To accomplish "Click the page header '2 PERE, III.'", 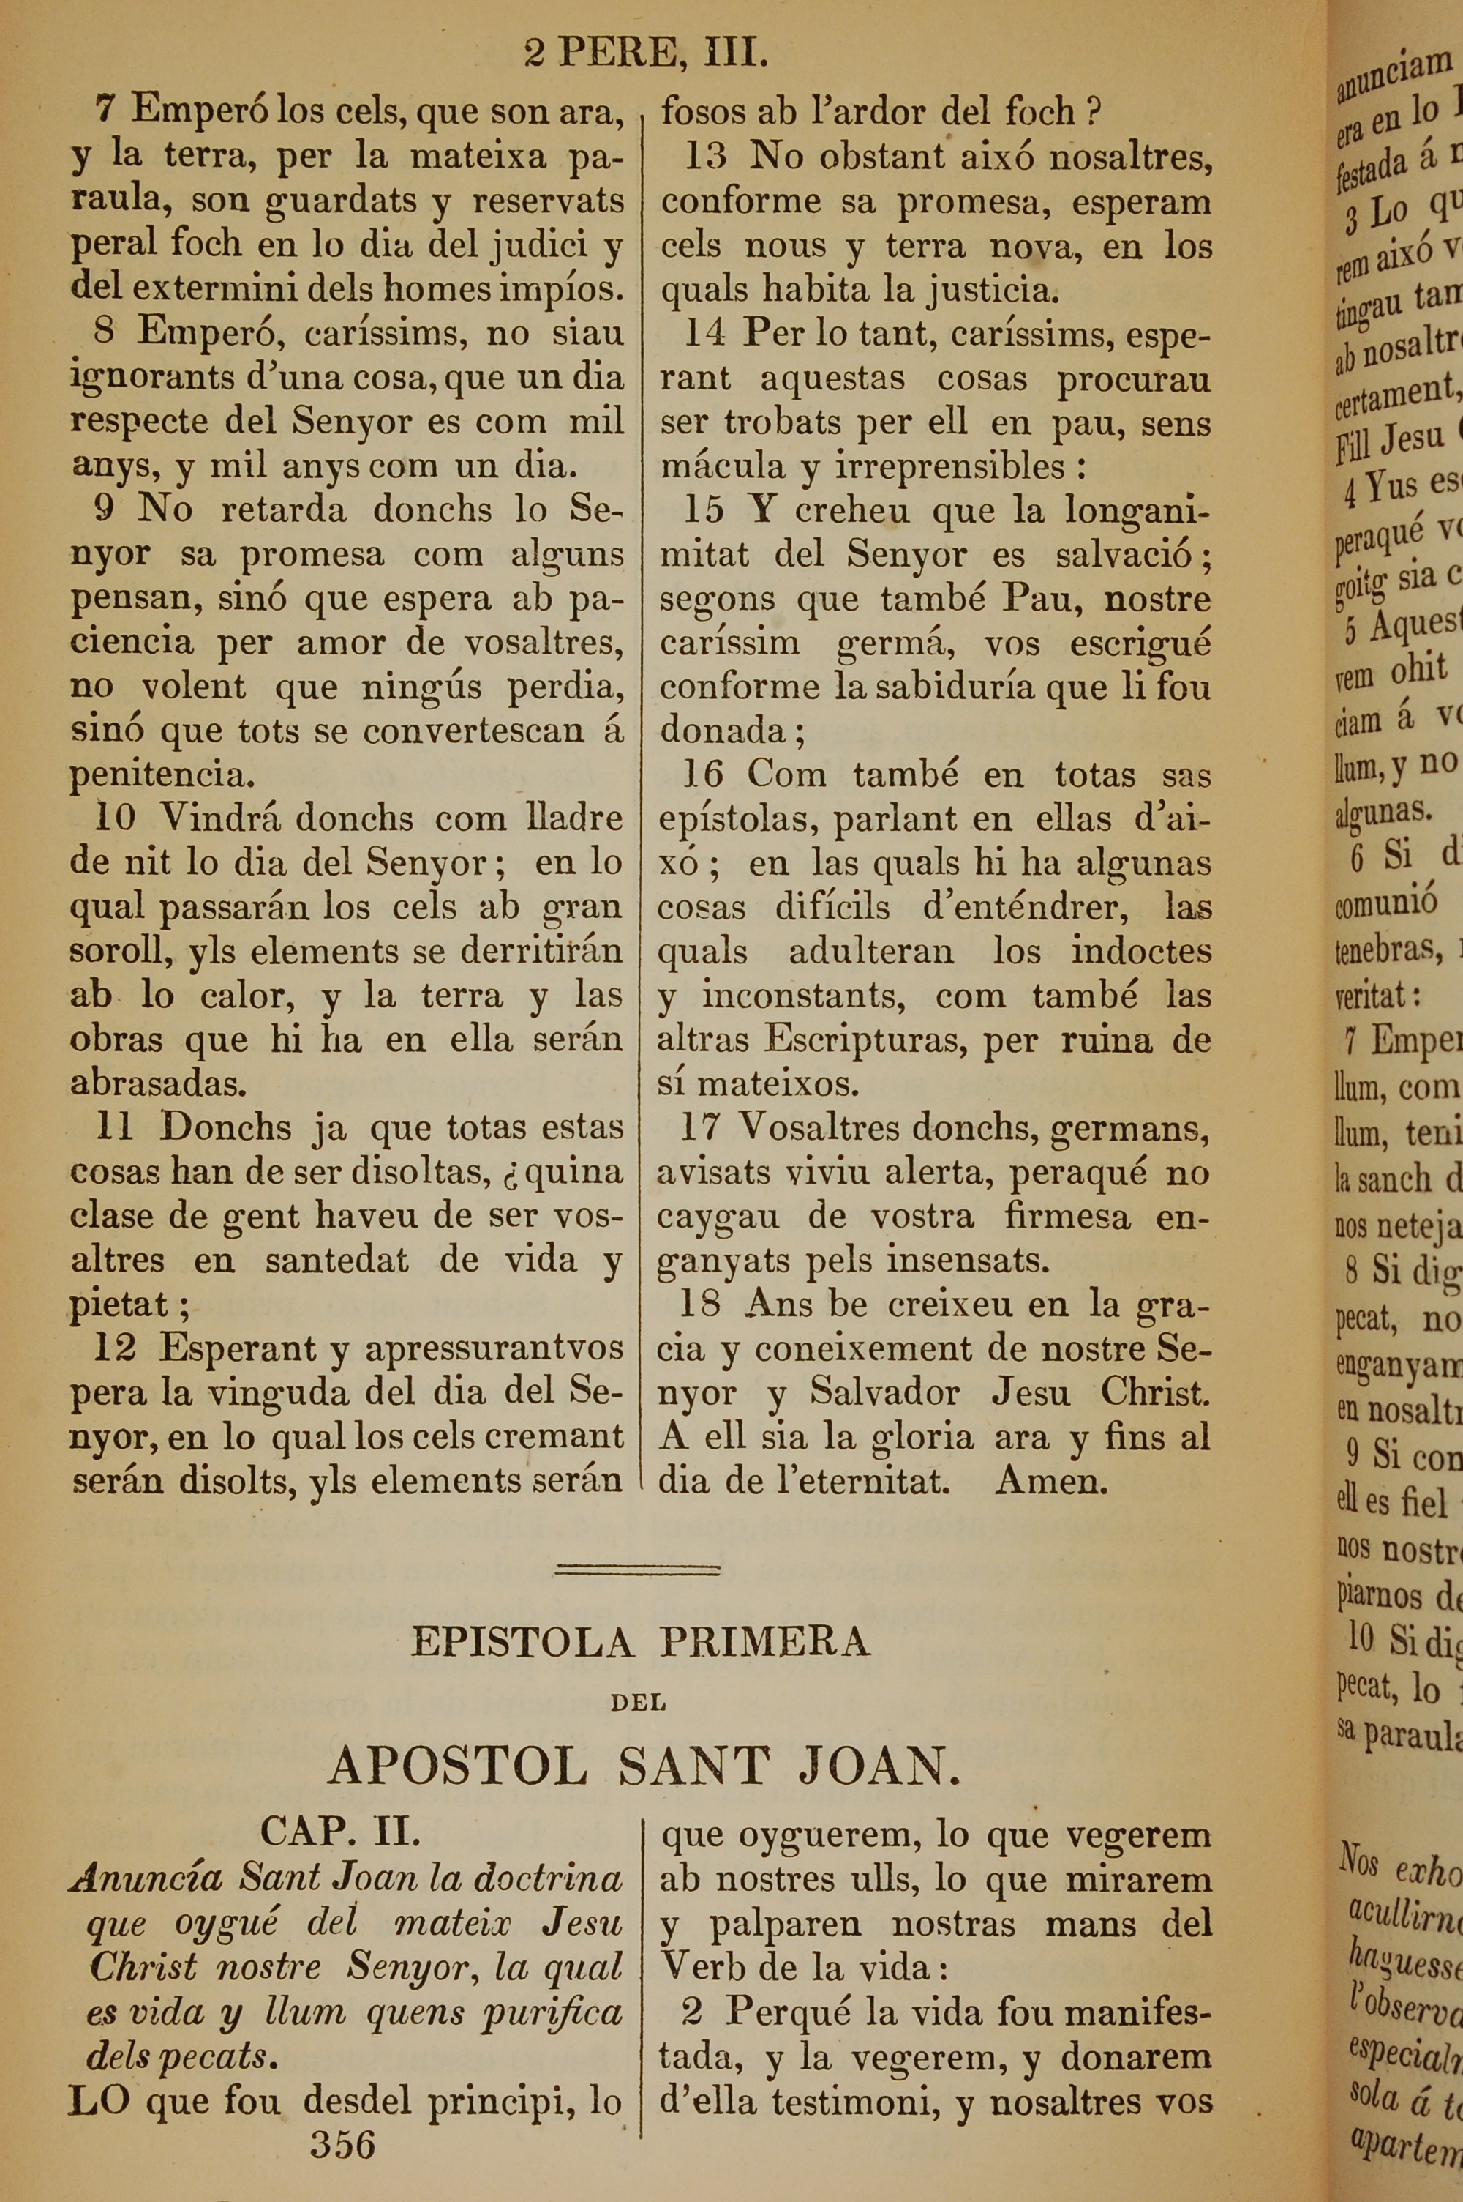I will (646, 53).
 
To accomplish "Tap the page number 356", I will (342, 2144).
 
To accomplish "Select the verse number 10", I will (115, 818).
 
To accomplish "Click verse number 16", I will (704, 775).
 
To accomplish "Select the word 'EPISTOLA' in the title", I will (522, 1642).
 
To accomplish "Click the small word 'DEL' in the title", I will (638, 1703).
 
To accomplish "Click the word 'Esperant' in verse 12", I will (238, 1348).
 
